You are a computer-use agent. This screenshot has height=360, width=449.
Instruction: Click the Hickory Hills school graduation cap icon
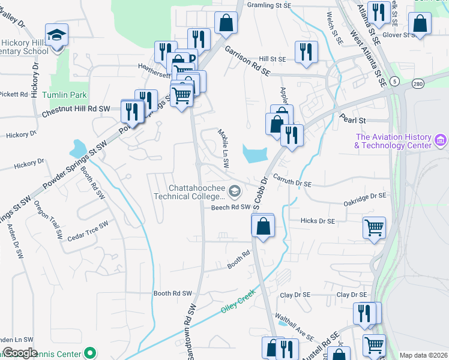point(57,34)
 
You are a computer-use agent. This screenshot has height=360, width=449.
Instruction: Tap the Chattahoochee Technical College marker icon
point(235,192)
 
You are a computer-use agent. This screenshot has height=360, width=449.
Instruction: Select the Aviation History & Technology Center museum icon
point(441,140)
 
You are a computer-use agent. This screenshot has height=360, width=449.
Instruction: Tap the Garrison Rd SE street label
point(248,62)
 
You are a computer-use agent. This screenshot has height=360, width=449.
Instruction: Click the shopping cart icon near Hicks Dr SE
point(374,227)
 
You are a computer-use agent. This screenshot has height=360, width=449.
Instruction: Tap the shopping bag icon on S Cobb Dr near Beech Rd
point(262,226)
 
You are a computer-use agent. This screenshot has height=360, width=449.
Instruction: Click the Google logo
point(20,353)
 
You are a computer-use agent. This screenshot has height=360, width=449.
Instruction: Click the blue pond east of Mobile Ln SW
point(256,154)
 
